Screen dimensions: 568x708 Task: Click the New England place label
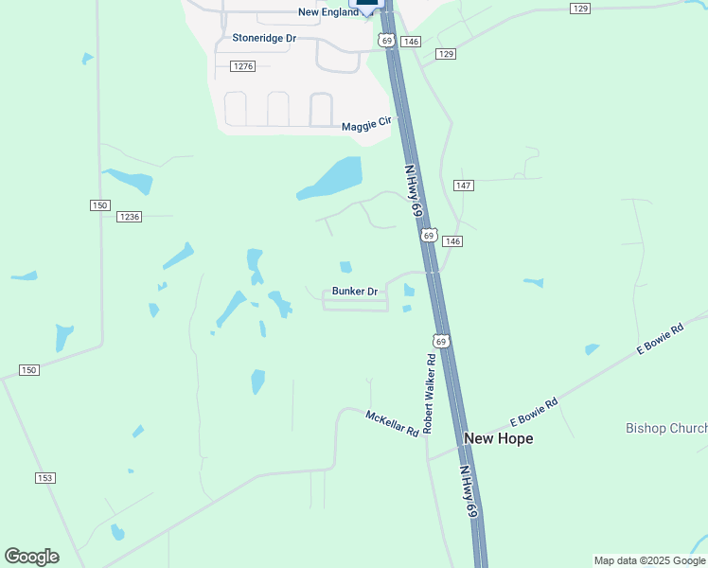click(x=327, y=12)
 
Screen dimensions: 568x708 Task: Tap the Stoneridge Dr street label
click(x=264, y=38)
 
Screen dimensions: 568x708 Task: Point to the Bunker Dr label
click(x=355, y=292)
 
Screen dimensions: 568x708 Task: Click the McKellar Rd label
click(x=393, y=423)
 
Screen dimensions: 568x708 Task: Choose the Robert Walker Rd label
click(x=429, y=394)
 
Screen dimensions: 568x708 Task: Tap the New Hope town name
click(x=498, y=438)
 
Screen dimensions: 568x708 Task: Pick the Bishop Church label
click(x=666, y=428)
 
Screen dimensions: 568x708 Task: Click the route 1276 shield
click(x=243, y=65)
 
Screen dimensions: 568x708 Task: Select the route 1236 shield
click(x=130, y=217)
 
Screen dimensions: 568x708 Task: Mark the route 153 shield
click(x=44, y=478)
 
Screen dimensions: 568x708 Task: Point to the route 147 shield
click(x=463, y=186)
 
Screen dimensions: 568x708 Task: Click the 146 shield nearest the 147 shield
click(x=452, y=241)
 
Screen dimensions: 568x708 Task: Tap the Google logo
click(x=31, y=556)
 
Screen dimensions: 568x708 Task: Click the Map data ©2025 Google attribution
click(x=649, y=560)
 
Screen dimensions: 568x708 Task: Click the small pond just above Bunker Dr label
click(x=345, y=267)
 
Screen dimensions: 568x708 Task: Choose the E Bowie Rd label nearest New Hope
click(x=534, y=412)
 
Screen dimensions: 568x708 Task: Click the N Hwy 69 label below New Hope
click(x=469, y=490)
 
